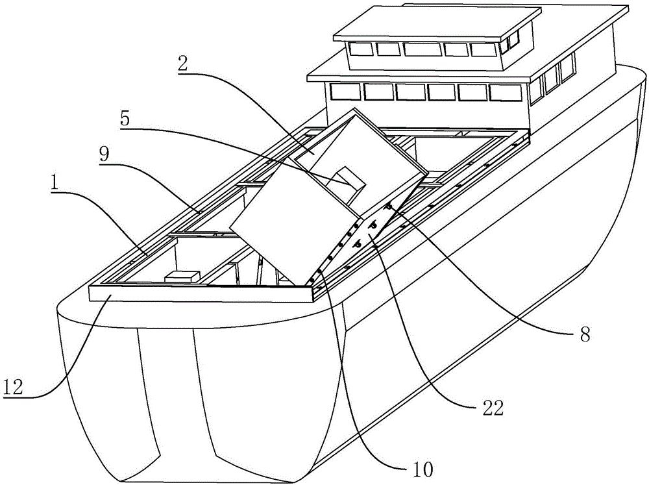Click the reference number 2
(182, 64)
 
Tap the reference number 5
(125, 119)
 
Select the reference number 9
(104, 155)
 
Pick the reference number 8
(584, 334)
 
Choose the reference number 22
(492, 408)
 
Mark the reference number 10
(422, 469)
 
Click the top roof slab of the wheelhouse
(432, 23)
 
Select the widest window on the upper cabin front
(422, 49)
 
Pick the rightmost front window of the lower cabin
(505, 92)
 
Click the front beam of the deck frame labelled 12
(201, 295)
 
